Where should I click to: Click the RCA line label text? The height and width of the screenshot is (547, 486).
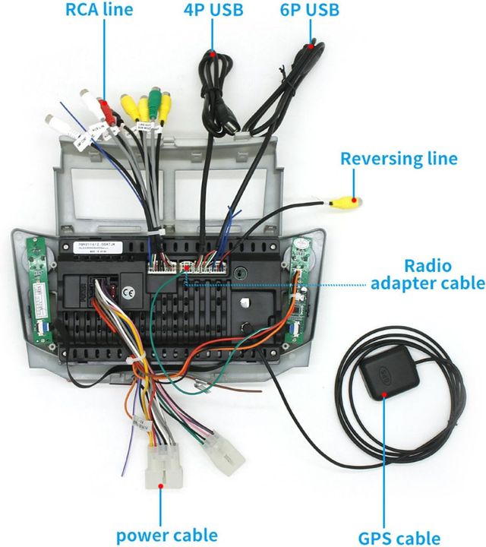tap(99, 10)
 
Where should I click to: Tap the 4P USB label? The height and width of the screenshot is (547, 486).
tap(213, 10)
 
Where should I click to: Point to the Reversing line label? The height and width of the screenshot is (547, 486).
tap(399, 159)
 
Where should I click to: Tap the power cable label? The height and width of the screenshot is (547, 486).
tap(166, 535)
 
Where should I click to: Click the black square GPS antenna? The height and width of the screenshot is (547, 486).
tap(388, 376)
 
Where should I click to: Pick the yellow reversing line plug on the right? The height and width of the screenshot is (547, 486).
tap(347, 203)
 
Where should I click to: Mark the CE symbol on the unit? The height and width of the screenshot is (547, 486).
tap(128, 289)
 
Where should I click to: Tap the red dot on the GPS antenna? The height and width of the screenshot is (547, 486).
tap(385, 395)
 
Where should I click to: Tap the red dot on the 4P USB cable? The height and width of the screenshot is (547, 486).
tap(216, 53)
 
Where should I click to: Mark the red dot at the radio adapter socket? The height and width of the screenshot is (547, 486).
tap(185, 267)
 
